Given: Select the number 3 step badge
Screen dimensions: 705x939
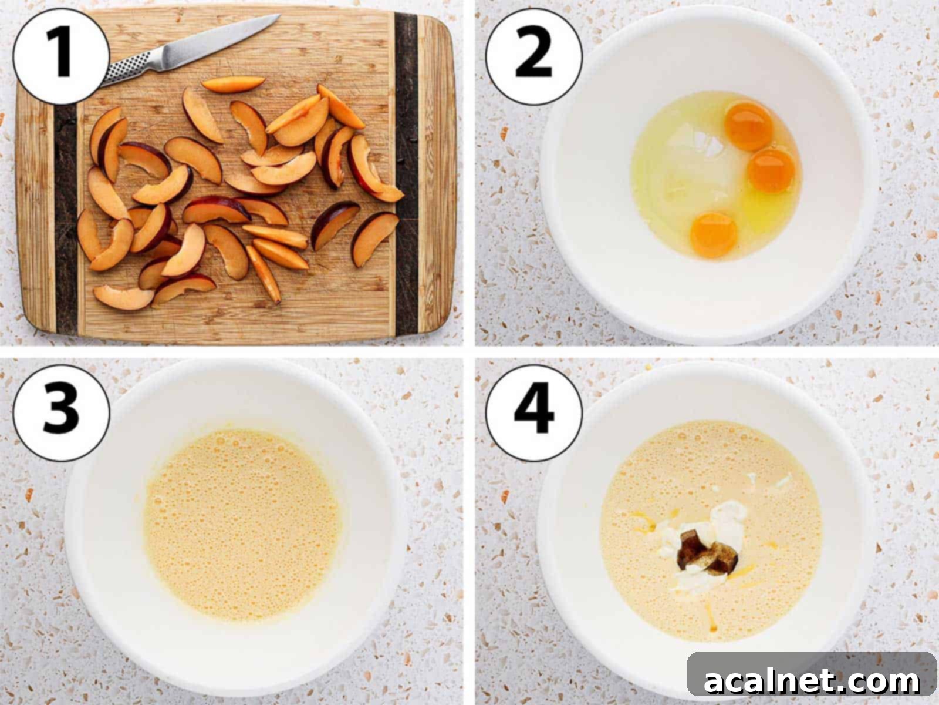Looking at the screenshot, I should click(61, 409).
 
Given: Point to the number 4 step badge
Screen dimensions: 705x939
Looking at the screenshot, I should click(533, 409).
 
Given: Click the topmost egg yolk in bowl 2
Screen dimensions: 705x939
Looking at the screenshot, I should click(749, 126).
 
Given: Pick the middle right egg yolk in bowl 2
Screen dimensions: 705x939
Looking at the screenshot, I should click(771, 170).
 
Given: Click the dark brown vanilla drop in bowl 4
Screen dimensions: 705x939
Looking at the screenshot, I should click(701, 552).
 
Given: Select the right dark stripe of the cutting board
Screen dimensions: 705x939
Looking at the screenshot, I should click(406, 176).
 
